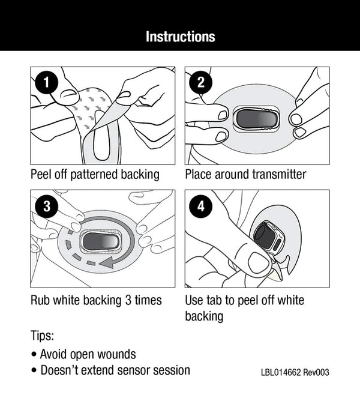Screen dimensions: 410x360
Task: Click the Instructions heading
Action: (x=180, y=36)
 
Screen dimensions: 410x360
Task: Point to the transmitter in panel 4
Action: (x=268, y=236)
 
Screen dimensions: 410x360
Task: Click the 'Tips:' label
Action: (x=43, y=335)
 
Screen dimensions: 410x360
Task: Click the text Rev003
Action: (x=317, y=373)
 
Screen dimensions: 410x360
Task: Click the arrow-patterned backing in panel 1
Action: (x=90, y=108)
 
